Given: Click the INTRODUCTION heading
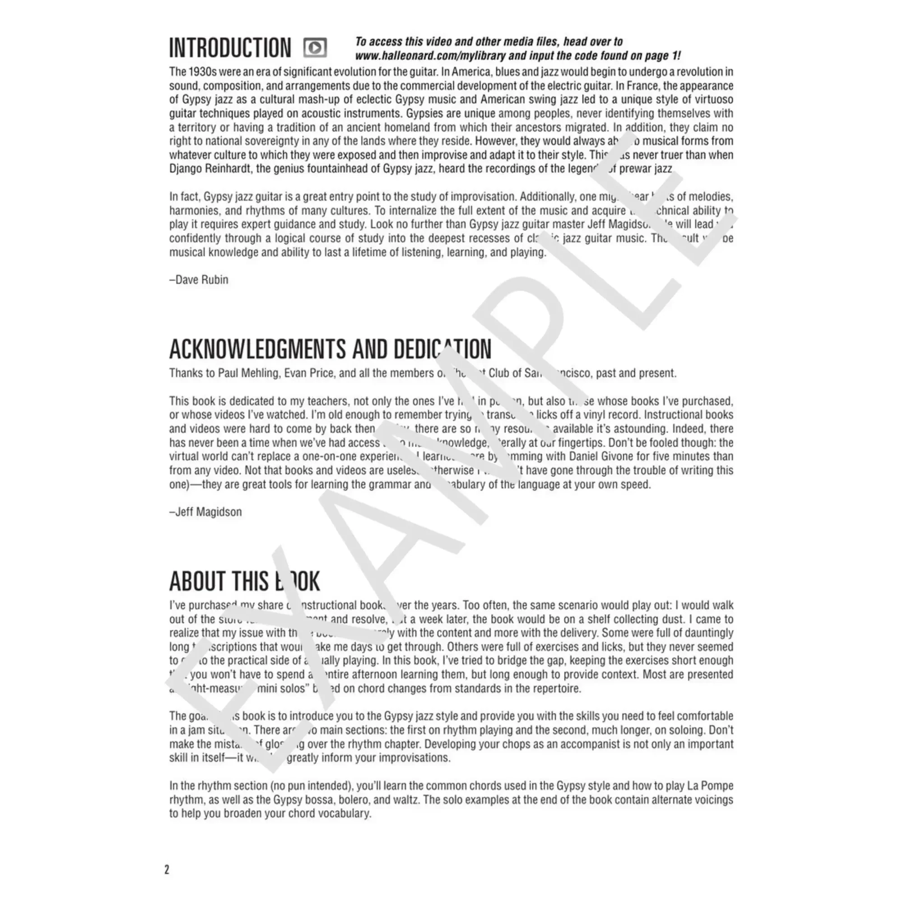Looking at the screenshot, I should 229,48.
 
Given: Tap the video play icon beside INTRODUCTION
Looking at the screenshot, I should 315,48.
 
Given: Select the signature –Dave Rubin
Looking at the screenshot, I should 199,280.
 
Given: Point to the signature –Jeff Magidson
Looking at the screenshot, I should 205,512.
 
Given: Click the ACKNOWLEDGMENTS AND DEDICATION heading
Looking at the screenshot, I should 330,349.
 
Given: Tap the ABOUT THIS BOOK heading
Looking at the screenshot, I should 244,582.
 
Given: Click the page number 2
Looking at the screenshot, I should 167,870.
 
